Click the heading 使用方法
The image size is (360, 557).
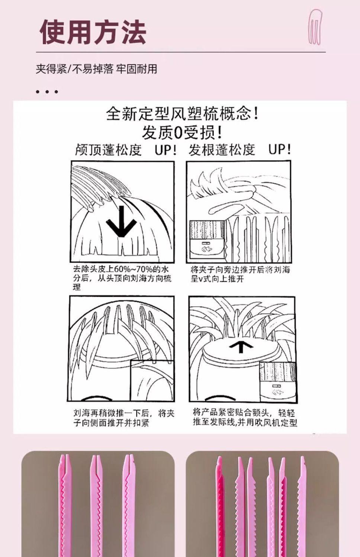point(93,32)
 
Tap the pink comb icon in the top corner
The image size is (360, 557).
point(315,27)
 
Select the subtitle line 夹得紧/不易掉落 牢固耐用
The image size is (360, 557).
point(96,69)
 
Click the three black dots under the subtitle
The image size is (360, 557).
point(47,92)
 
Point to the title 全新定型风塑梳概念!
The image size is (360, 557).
point(182,114)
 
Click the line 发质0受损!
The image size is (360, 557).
point(182,132)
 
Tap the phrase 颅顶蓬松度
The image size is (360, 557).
point(109,150)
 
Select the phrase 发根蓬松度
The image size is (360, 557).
point(222,150)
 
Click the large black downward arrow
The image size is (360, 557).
point(121,221)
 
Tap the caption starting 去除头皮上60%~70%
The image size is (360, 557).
point(122,278)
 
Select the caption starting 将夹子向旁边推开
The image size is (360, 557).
point(240,274)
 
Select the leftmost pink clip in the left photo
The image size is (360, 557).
point(65,505)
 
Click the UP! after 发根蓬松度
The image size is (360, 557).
point(279,149)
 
